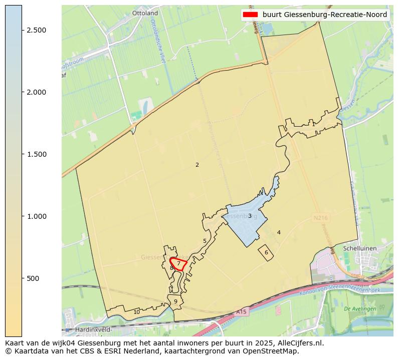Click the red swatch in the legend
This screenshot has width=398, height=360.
point(251,15)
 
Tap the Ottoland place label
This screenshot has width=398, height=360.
point(145,13)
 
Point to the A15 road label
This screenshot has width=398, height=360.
point(241,312)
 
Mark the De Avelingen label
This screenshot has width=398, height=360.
point(360,309)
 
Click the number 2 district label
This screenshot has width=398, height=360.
point(197,165)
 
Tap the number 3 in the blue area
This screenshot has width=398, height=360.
point(250,216)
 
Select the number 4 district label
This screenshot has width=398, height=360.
point(279,232)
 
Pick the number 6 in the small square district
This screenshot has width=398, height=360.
point(266,252)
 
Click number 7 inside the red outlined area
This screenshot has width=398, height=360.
point(178,263)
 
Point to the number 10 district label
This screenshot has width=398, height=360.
point(137,312)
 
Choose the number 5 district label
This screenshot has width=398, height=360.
point(205,241)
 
